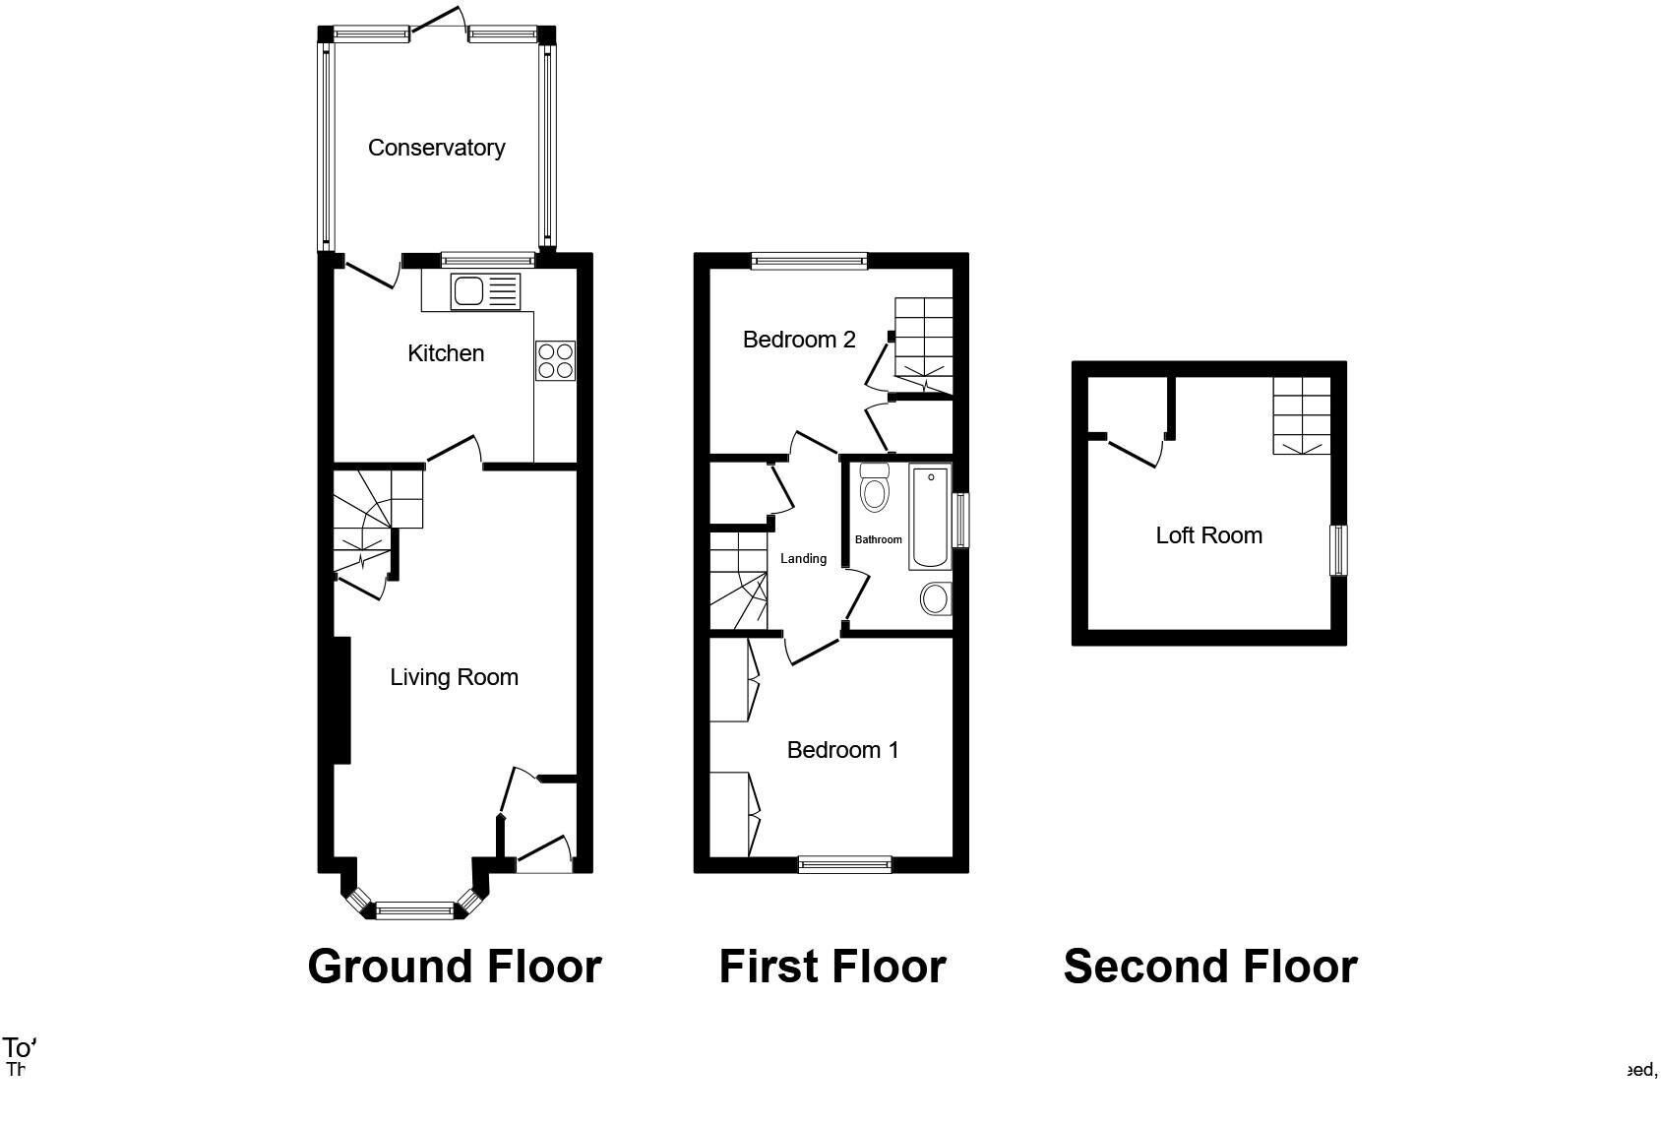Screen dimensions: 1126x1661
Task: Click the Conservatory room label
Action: (x=436, y=148)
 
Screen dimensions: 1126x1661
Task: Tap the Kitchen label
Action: (x=446, y=353)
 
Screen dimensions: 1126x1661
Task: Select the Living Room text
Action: (x=454, y=677)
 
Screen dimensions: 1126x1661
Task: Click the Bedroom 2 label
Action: (x=799, y=340)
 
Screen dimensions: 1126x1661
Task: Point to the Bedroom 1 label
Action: (x=842, y=750)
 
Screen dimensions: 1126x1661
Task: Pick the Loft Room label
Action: (x=1208, y=535)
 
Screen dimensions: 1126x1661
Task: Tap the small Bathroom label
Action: (x=878, y=539)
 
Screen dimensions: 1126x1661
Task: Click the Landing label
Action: (x=803, y=559)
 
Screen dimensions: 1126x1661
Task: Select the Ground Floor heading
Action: (x=454, y=967)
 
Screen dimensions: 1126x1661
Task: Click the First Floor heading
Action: (x=831, y=967)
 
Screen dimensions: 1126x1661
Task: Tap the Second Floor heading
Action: (x=1209, y=967)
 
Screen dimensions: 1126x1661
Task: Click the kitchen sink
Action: (x=484, y=291)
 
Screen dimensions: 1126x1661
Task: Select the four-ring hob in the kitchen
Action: (x=555, y=360)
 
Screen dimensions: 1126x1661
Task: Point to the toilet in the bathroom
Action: (x=873, y=487)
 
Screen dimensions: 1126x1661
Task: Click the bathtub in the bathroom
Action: (x=930, y=519)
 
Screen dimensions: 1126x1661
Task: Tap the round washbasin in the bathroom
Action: (x=935, y=597)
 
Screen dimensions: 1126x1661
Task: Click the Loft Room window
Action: (x=1337, y=550)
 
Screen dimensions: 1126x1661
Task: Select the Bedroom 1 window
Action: (x=844, y=865)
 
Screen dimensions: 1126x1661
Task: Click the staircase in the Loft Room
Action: (x=1302, y=415)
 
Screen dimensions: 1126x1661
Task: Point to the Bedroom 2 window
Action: (x=809, y=261)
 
